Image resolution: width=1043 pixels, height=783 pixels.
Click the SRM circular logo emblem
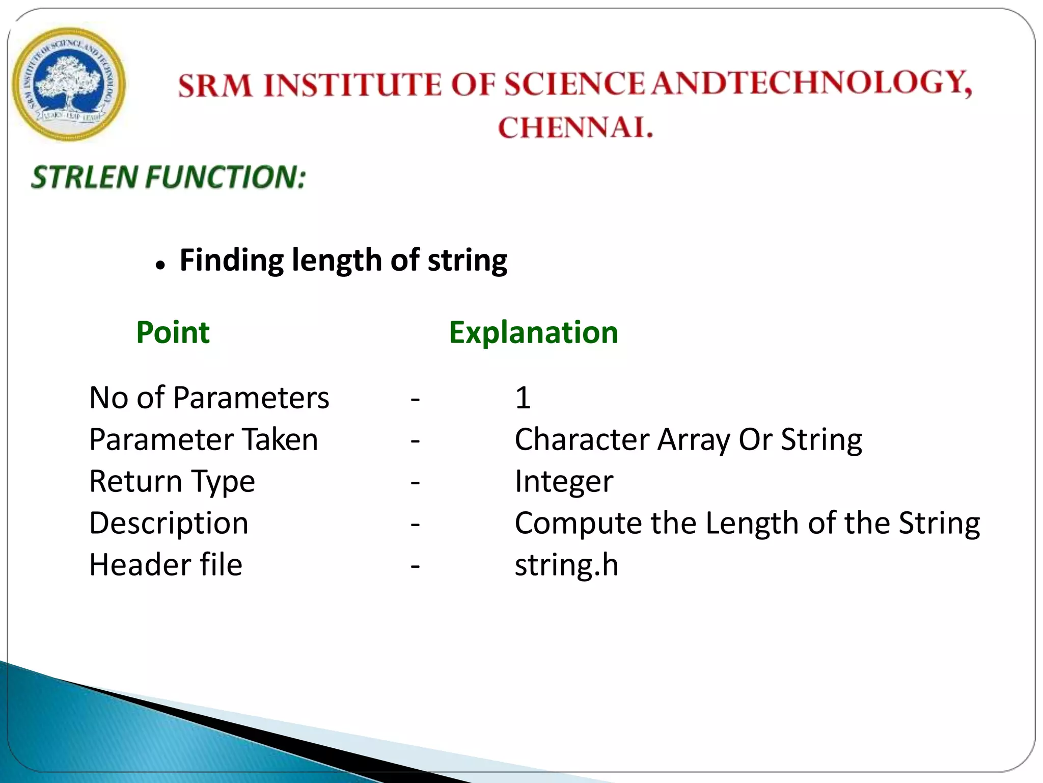click(69, 84)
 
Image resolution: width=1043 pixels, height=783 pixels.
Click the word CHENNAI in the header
click(575, 127)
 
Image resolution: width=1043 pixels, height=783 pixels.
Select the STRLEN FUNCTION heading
click(169, 177)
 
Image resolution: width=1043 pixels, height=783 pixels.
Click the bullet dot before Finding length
click(160, 266)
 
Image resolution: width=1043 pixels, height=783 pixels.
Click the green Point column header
click(173, 332)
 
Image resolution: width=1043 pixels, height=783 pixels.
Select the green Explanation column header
click(533, 332)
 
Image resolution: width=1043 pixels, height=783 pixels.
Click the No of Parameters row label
click(209, 398)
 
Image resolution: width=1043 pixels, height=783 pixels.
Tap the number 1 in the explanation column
click(523, 398)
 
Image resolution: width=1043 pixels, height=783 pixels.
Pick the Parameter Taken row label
click(203, 439)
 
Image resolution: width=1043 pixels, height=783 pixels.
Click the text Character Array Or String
click(688, 439)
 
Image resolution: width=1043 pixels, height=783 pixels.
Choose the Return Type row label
click(172, 481)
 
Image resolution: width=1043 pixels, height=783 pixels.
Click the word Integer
click(564, 481)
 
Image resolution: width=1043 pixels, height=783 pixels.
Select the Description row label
click(169, 523)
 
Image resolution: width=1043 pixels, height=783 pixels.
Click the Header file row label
click(166, 565)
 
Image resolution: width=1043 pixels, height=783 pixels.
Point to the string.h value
click(566, 565)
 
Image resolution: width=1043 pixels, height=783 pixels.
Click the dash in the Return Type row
click(415, 482)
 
